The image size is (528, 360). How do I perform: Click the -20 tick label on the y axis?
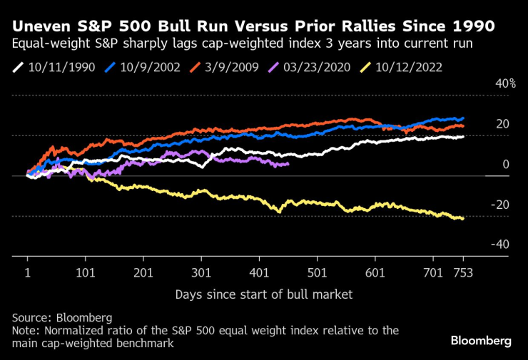(x=502, y=205)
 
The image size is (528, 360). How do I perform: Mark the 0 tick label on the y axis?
(x=506, y=165)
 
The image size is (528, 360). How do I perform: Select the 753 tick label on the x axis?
(x=463, y=273)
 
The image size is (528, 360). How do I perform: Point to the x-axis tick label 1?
(x=28, y=273)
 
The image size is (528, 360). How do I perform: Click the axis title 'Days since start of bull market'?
(x=263, y=294)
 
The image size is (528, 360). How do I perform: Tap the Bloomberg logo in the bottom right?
(x=481, y=341)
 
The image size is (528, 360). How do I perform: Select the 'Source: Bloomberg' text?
(x=62, y=317)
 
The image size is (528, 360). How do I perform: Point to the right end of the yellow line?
(x=463, y=219)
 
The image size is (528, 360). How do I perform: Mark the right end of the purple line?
(x=288, y=164)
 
